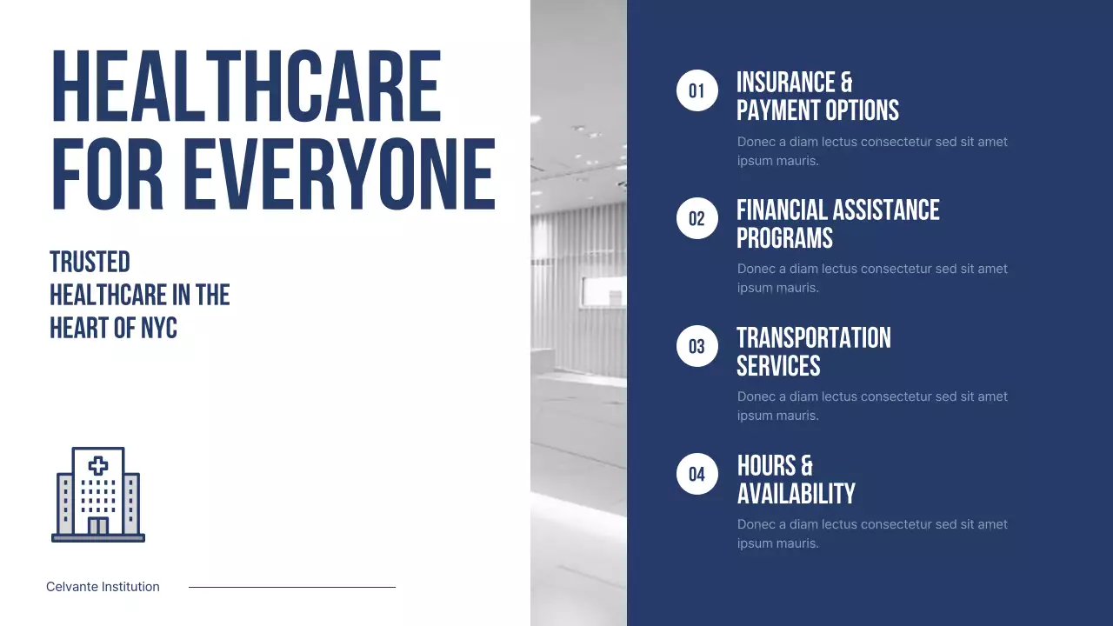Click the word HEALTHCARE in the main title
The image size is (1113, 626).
pyautogui.click(x=246, y=87)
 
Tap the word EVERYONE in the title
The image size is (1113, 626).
pyautogui.click(x=338, y=174)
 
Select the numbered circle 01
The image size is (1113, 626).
pyautogui.click(x=697, y=90)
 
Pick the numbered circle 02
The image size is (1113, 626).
pyautogui.click(x=697, y=218)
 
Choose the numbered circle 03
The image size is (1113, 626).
pyautogui.click(x=697, y=346)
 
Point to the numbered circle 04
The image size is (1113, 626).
pyautogui.click(x=697, y=474)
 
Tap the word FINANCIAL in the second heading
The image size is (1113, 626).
pyautogui.click(x=783, y=210)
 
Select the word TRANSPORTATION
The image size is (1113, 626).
pyautogui.click(x=814, y=338)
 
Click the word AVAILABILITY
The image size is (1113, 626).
pyautogui.click(x=796, y=494)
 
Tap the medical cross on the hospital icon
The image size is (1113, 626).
pyautogui.click(x=98, y=465)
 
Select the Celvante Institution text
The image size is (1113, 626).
pyautogui.click(x=103, y=587)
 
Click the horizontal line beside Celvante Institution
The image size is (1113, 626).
pyautogui.click(x=292, y=587)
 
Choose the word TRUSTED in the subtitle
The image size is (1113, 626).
pyautogui.click(x=90, y=262)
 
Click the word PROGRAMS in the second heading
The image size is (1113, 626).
pyautogui.click(x=784, y=238)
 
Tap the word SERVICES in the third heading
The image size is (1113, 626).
pyautogui.click(x=778, y=366)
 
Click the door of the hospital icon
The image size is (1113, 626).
pyautogui.click(x=98, y=525)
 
